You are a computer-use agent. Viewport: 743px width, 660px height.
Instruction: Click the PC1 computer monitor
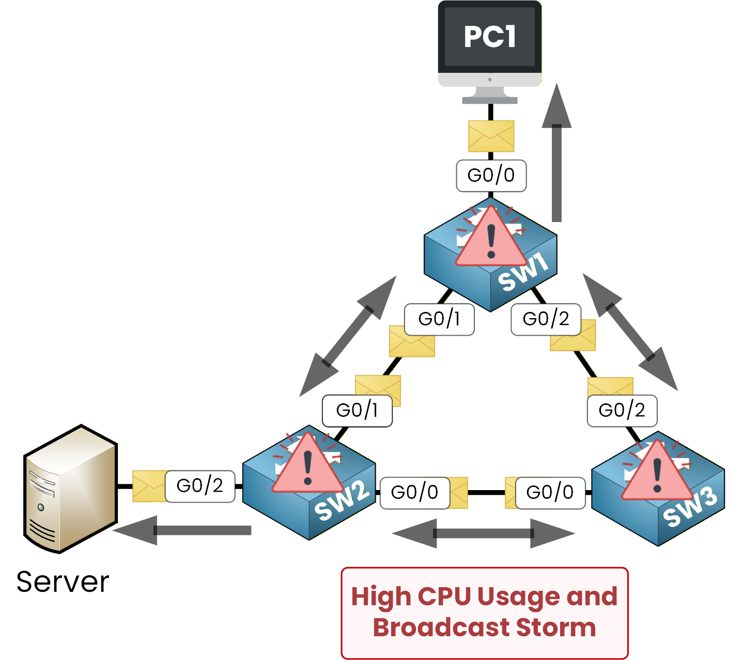point(489,44)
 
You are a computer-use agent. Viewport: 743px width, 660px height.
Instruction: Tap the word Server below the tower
point(63,582)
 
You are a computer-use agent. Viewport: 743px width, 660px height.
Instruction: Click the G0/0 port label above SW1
point(491,176)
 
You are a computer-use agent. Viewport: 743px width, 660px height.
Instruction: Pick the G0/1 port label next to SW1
point(439,319)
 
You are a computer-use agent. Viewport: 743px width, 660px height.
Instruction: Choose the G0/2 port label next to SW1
point(546,319)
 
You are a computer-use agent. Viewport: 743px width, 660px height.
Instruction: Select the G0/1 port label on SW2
point(357,411)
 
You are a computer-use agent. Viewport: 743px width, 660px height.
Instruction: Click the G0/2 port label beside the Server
point(200,486)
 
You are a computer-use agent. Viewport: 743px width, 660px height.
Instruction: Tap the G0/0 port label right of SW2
point(414,493)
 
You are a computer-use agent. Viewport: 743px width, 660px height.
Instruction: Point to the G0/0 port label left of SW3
point(550,493)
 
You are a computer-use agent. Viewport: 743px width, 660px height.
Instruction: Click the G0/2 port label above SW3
point(622,411)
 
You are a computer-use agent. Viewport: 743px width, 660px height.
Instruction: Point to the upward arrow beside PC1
point(556,155)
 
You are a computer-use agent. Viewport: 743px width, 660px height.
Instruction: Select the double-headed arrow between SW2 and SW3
point(484,533)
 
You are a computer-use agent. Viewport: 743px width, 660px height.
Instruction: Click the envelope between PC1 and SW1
point(491,136)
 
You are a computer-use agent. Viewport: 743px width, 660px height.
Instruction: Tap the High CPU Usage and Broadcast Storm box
point(484,612)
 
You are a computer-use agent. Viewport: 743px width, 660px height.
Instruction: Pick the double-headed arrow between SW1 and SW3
point(630,332)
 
